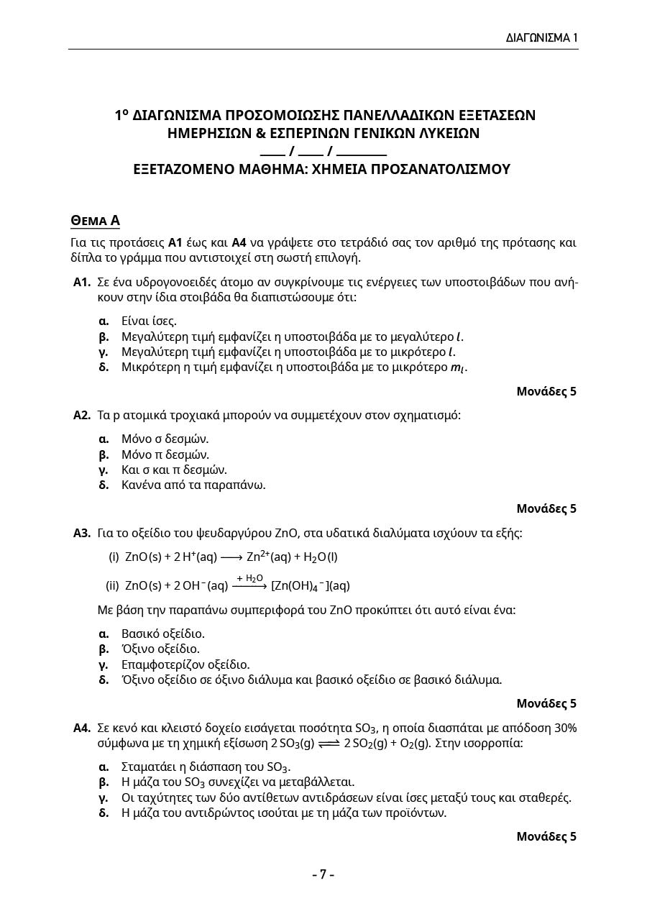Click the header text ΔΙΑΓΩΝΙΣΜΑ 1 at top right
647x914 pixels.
click(541, 37)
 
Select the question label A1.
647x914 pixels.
click(81, 282)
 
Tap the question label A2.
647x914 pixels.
click(81, 415)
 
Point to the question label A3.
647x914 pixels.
click(81, 533)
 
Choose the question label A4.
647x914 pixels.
click(81, 728)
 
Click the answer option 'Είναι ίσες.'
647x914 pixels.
click(149, 321)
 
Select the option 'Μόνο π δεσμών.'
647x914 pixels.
click(165, 454)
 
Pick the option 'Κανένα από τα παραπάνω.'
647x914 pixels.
click(193, 485)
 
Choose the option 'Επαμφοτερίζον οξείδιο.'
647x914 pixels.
click(185, 664)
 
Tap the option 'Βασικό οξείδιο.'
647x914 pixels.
click(163, 634)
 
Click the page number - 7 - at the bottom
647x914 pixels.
click(323, 874)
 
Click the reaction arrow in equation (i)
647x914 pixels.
click(231, 557)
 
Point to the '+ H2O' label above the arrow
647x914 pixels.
click(249, 578)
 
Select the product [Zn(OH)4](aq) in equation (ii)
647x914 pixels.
click(311, 586)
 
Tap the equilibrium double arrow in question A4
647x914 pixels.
click(329, 744)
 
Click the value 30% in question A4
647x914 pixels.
click(564, 728)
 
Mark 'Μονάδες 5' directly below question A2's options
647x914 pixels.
click(546, 508)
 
